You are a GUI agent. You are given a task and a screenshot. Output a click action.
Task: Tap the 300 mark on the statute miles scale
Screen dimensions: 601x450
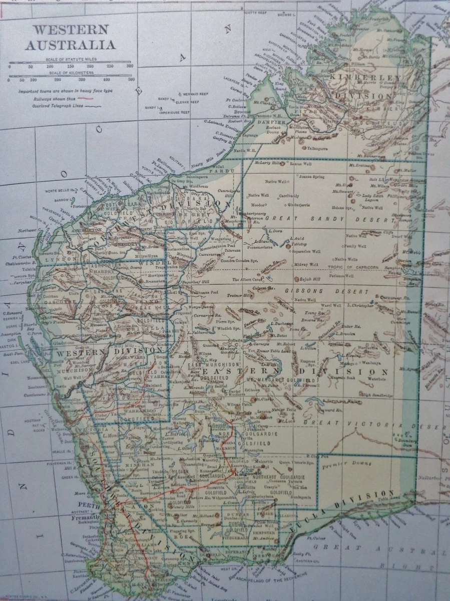click(130, 66)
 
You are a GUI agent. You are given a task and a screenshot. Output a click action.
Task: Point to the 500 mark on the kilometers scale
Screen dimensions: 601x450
click(132, 80)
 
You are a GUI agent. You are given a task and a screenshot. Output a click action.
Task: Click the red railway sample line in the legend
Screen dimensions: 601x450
click(80, 99)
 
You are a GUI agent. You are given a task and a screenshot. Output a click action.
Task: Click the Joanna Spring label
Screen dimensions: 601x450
click(312, 176)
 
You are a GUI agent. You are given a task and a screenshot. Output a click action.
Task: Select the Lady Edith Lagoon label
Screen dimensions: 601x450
click(375, 198)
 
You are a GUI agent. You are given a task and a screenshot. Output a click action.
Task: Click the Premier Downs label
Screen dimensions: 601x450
click(338, 466)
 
